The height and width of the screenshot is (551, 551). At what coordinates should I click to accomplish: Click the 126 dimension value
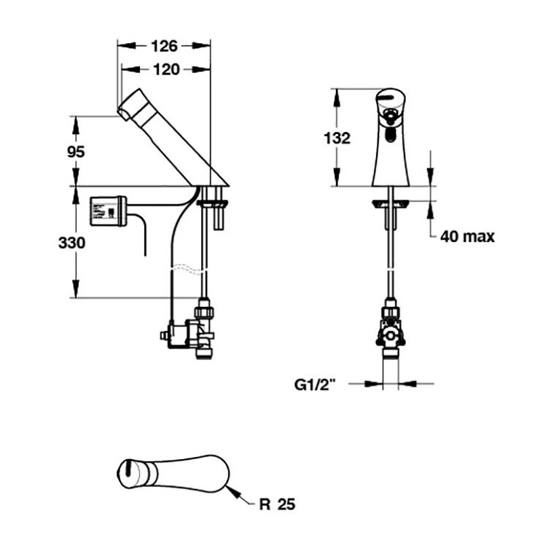pyautogui.click(x=164, y=46)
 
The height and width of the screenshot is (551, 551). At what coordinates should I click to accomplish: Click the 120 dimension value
pyautogui.click(x=164, y=70)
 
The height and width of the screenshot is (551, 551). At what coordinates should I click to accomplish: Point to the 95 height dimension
pyautogui.click(x=76, y=152)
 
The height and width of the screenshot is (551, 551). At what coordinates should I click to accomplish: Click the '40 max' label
pyautogui.click(x=467, y=236)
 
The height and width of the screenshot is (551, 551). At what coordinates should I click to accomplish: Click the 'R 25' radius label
pyautogui.click(x=278, y=504)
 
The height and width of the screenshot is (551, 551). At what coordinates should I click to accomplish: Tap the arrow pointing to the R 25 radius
pyautogui.click(x=237, y=493)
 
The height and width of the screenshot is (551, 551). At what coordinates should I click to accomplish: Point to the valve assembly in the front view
pyautogui.click(x=392, y=328)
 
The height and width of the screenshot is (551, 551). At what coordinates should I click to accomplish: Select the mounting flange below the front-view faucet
pyautogui.click(x=392, y=205)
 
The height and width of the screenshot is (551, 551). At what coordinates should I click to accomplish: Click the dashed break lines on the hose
pyautogui.click(x=187, y=270)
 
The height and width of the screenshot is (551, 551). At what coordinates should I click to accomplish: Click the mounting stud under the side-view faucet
pyautogui.click(x=215, y=211)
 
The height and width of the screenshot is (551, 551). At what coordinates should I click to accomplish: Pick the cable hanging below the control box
pyautogui.click(x=143, y=237)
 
